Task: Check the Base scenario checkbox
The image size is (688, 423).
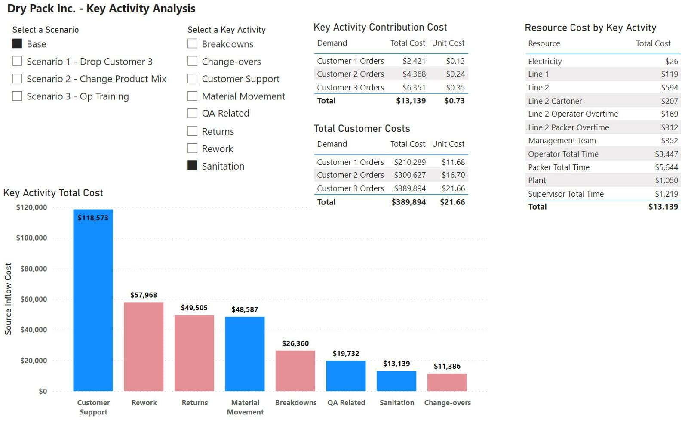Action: [17, 43]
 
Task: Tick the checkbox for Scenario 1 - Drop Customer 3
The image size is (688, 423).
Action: [17, 61]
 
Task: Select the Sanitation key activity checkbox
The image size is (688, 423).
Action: [192, 165]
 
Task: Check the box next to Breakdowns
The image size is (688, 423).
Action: [192, 43]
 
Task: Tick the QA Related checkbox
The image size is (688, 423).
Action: [192, 113]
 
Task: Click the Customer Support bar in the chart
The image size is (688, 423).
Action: [93, 300]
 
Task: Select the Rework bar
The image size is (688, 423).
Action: [144, 346]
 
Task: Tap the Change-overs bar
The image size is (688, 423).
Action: [447, 382]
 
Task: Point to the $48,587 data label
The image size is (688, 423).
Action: [245, 309]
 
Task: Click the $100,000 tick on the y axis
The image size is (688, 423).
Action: [32, 238]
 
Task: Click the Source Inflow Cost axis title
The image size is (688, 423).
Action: [8, 299]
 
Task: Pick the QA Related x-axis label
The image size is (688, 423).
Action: [346, 402]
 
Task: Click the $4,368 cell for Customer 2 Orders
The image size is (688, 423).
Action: [414, 74]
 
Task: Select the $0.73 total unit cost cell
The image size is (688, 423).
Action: [455, 101]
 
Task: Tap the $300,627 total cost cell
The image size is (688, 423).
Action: [410, 175]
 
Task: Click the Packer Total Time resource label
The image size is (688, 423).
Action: [559, 167]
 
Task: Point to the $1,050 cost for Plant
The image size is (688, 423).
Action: [666, 180]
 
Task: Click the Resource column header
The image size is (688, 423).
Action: [544, 43]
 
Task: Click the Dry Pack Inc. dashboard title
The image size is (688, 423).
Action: [101, 8]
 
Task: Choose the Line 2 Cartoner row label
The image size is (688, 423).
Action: [555, 101]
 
